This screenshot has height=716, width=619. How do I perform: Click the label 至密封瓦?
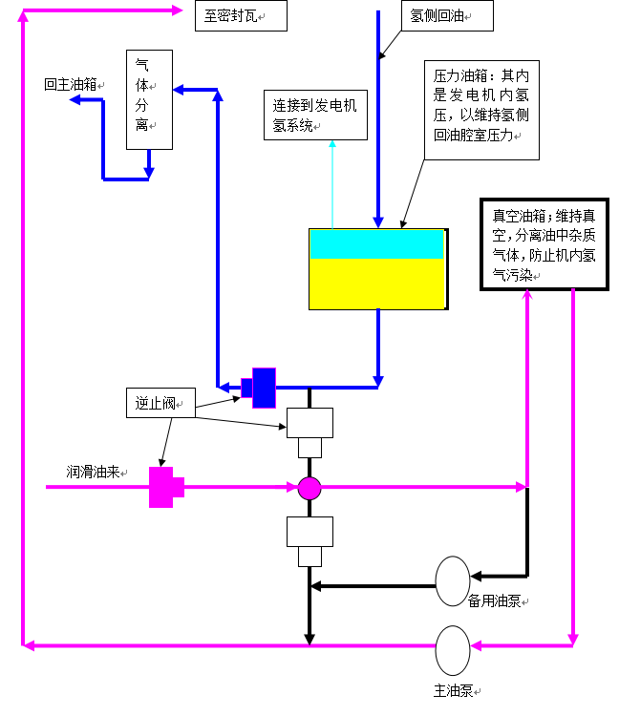pos(241,16)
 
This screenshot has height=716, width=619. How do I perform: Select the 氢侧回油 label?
pos(447,15)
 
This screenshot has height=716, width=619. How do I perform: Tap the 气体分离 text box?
pos(149,99)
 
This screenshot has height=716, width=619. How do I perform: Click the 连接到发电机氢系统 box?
pos(315,116)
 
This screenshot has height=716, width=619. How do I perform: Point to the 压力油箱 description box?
pos(481,111)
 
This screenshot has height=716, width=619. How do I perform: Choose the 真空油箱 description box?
pos(544,243)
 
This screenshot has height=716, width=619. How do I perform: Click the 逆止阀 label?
pos(160,403)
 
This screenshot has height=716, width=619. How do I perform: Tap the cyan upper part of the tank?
pos(377,245)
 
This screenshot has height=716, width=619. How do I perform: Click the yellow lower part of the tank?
pos(377,284)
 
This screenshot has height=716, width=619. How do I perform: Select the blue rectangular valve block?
pos(264,388)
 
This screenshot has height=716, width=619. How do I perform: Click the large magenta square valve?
pos(161,487)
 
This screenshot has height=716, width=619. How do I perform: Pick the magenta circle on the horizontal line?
pos(309,488)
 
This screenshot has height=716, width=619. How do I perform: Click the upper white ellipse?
pos(453,580)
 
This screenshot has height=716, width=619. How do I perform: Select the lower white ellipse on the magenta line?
pos(453,650)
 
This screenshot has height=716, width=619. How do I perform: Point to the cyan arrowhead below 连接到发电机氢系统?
pos(332,145)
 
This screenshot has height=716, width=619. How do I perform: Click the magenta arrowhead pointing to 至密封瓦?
pos(177,11)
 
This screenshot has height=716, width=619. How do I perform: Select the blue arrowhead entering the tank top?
pos(378,223)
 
